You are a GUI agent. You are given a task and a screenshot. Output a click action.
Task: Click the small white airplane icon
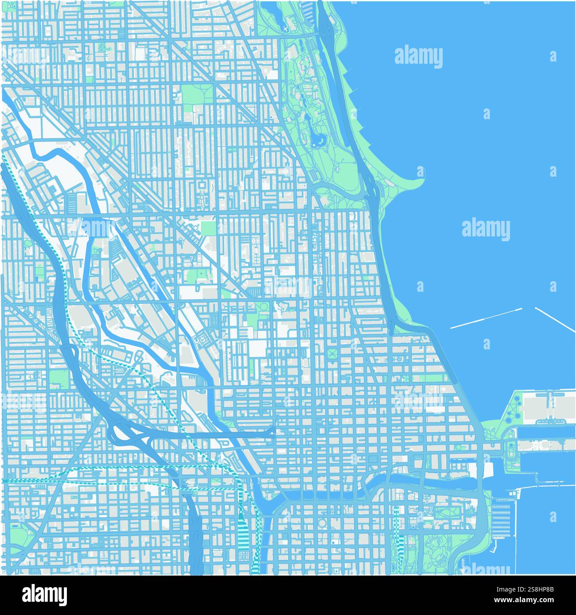click(285, 29)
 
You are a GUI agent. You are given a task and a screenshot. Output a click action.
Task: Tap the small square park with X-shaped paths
click(333, 353)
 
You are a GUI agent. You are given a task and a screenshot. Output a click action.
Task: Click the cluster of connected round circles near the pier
click(516, 410)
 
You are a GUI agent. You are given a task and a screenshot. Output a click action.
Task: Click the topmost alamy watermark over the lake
click(418, 57)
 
